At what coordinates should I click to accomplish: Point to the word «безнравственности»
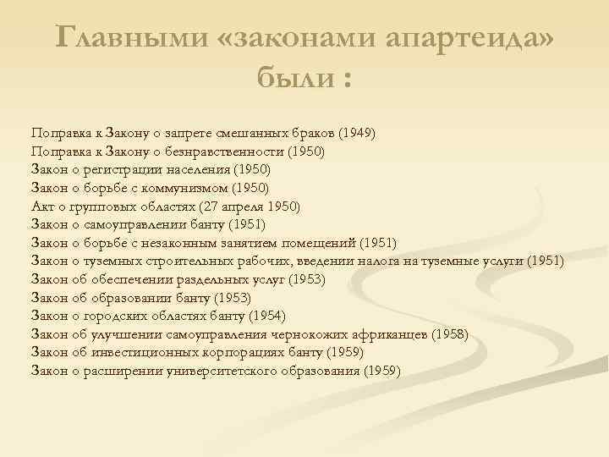coord(225,151)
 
